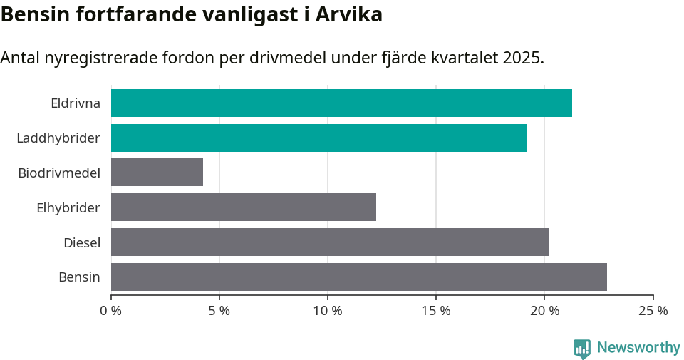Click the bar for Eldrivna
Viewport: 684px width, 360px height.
point(341,103)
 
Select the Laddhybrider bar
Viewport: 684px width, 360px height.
point(318,138)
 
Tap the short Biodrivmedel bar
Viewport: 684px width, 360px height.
point(157,173)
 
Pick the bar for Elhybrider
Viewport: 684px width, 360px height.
point(243,207)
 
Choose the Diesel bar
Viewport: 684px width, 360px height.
point(330,242)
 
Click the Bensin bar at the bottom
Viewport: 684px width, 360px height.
point(358,277)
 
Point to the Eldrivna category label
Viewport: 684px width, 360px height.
point(76,103)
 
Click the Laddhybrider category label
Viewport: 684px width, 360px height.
point(58,138)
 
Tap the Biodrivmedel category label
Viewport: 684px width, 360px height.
point(59,173)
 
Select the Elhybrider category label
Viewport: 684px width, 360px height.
point(68,207)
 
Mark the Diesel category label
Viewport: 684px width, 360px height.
point(82,242)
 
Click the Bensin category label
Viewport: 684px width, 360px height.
point(79,277)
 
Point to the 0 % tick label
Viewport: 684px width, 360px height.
point(111,311)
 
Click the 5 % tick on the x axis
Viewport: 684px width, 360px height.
point(219,311)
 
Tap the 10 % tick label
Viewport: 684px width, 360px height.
point(328,311)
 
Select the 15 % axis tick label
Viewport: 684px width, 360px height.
point(436,311)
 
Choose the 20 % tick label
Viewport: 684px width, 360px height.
point(544,311)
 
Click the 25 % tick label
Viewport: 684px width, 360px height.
point(653,311)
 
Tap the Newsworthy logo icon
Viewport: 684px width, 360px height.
point(582,348)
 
